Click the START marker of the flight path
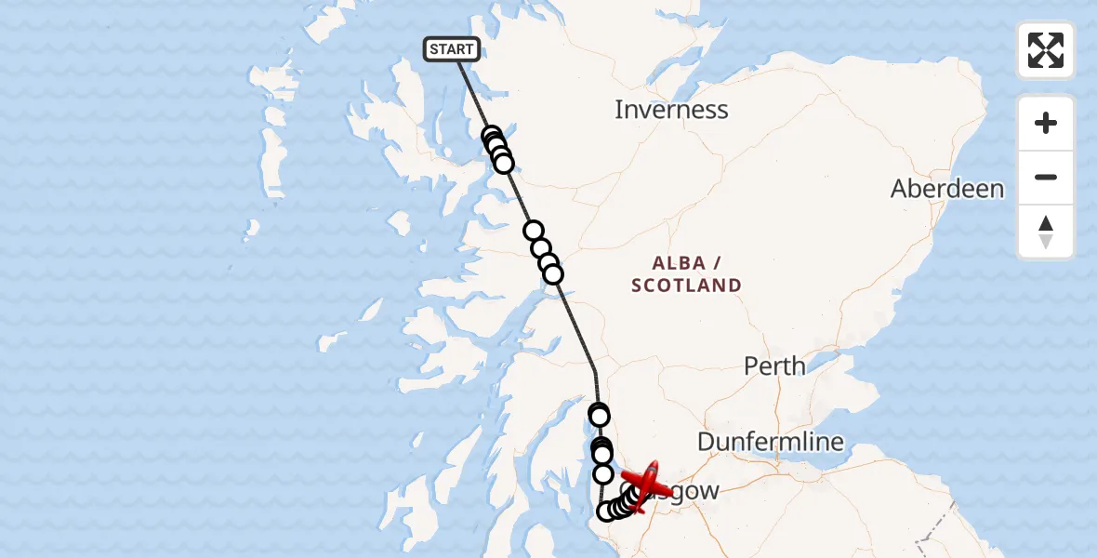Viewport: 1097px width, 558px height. [x=452, y=48]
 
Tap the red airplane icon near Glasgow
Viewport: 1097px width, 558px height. [x=648, y=485]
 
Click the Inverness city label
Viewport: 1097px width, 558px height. [x=670, y=110]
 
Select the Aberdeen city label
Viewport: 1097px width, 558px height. [x=946, y=189]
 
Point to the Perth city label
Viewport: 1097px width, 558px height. [x=774, y=365]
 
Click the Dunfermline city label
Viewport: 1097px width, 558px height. [x=770, y=442]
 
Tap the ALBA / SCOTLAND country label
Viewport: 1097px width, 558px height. [x=686, y=273]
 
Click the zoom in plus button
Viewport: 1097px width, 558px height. [x=1046, y=123]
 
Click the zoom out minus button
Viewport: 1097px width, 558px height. [x=1046, y=177]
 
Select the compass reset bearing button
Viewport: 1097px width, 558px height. [x=1046, y=232]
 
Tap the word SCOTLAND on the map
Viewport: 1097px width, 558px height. [x=686, y=286]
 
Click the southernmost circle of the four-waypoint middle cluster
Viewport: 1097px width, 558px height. [x=553, y=274]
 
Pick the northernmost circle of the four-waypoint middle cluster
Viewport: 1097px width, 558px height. [x=534, y=231]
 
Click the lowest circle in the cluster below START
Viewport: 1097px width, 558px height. [x=504, y=164]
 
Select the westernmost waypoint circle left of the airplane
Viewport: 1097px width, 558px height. [x=606, y=511]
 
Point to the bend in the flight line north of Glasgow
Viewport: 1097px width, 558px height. [x=595, y=371]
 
